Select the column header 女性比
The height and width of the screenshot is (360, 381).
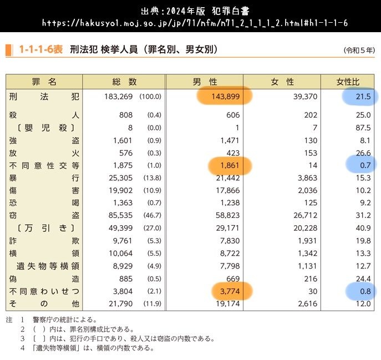tap(348, 82)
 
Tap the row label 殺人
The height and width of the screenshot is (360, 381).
tap(44, 115)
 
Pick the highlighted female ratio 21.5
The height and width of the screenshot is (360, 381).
tap(363, 97)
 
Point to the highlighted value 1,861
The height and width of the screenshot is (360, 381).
tap(230, 165)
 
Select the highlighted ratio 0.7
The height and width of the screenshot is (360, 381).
tap(365, 165)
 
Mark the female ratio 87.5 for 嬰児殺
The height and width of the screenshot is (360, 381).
tap(363, 128)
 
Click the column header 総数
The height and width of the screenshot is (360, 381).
tap(124, 82)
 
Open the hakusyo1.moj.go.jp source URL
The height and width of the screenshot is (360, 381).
tap(190, 23)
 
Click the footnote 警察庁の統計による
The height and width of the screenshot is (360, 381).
tap(61, 320)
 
